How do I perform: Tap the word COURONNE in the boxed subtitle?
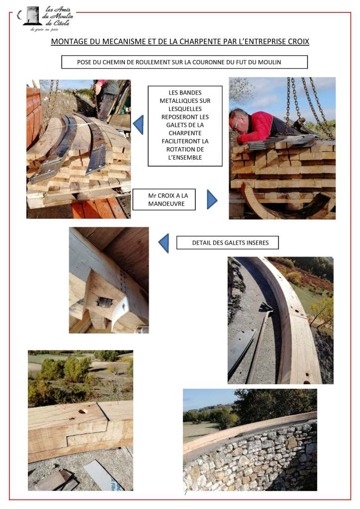pyautogui.click(x=203, y=62)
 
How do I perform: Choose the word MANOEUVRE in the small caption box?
pyautogui.click(x=166, y=203)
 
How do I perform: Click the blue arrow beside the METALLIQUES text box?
pyautogui.click(x=138, y=124)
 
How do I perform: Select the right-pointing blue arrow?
pyautogui.click(x=212, y=199)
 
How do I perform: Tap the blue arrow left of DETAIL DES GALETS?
pyautogui.click(x=164, y=243)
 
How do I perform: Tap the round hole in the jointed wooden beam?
pyautogui.click(x=83, y=411)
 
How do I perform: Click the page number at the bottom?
pyautogui.click(x=185, y=493)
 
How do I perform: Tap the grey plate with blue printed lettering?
pyautogui.click(x=104, y=476)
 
